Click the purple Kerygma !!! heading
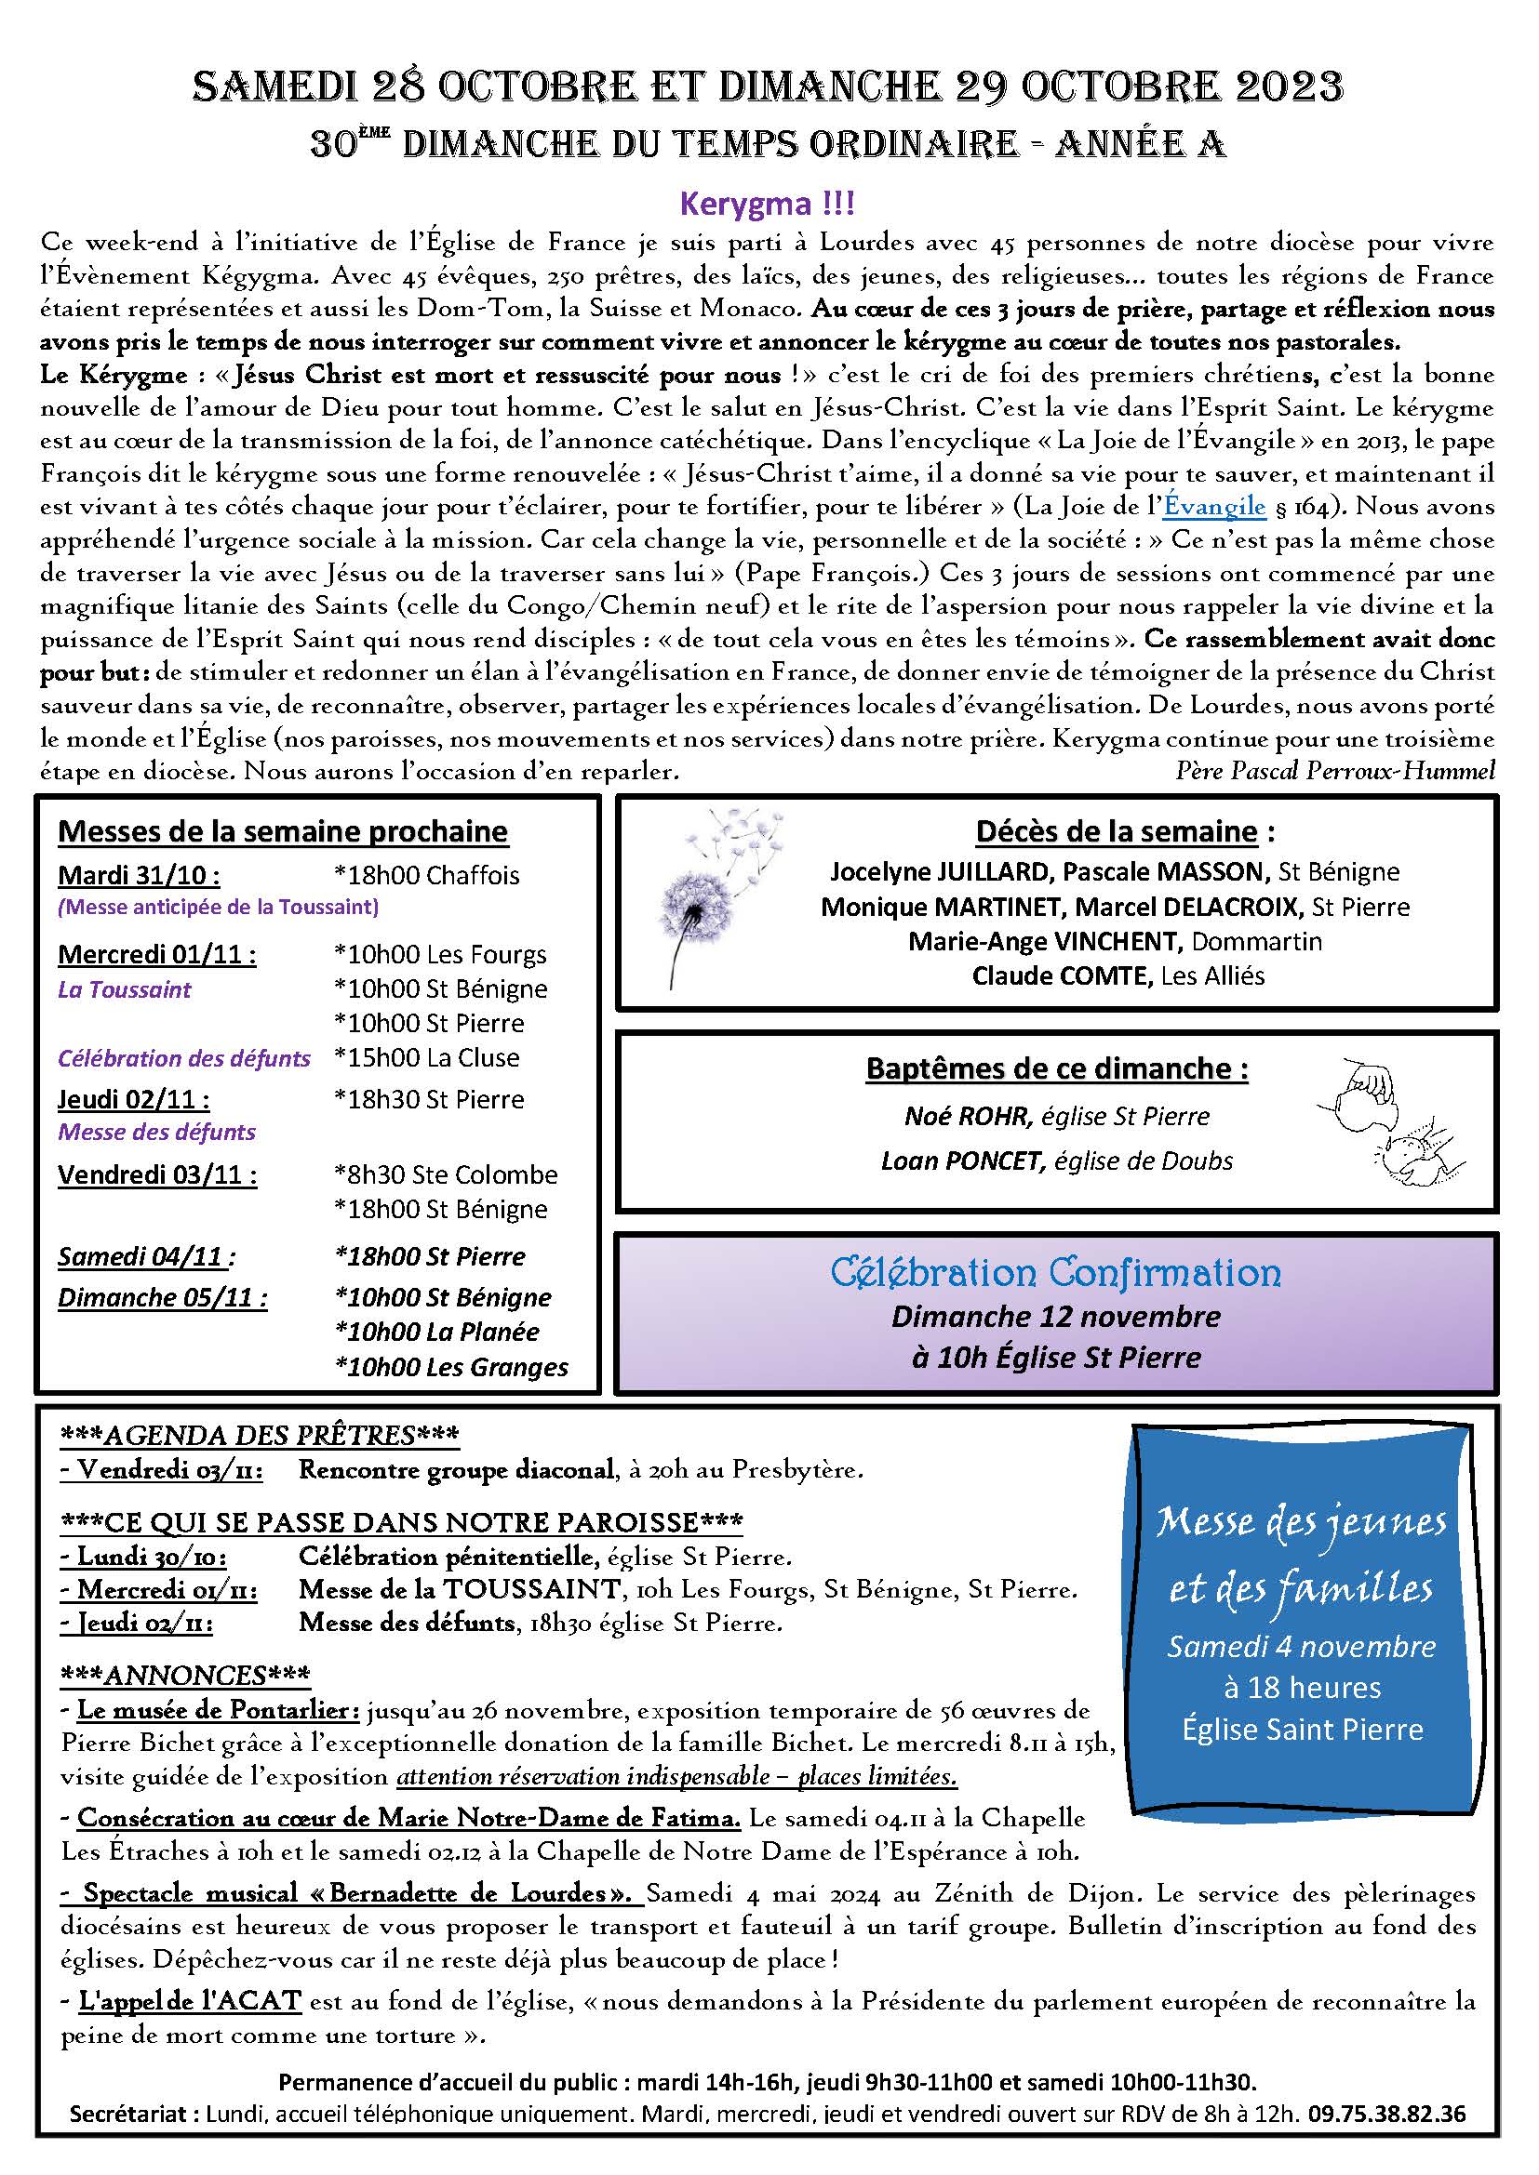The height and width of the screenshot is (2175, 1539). [768, 204]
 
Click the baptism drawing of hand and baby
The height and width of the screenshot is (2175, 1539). [1389, 1122]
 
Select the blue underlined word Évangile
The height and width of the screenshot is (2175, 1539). [1214, 507]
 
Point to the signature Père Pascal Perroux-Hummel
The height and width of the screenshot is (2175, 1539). [1334, 770]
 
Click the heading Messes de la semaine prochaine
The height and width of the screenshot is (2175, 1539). [283, 830]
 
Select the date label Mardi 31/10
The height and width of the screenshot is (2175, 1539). [139, 874]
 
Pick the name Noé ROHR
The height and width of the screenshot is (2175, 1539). [967, 1116]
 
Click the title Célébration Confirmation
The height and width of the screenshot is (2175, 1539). [1056, 1272]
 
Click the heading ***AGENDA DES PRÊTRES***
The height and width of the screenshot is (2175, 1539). [259, 1435]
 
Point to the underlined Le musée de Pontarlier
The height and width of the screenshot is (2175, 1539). [218, 1710]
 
